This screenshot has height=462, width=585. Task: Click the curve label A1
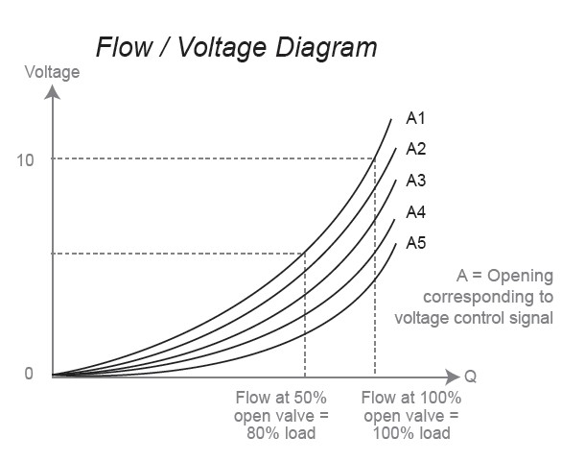point(415,118)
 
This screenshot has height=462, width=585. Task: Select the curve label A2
point(415,149)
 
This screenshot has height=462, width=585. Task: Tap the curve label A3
point(415,181)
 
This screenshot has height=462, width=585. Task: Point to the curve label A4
point(415,212)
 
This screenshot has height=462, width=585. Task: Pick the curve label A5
point(415,243)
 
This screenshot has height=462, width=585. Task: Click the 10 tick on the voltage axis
point(25,160)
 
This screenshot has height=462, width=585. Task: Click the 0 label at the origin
point(29,374)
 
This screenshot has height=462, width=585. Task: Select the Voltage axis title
point(52,72)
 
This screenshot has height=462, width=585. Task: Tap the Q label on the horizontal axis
point(471,377)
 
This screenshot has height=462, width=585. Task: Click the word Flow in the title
point(124,47)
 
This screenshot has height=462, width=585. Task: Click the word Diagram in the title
point(326,48)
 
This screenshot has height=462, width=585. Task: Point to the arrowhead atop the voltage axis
point(52,92)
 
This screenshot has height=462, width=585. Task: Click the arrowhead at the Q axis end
point(453,376)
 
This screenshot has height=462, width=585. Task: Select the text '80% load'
point(281,433)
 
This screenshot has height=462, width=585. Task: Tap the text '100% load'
point(411,433)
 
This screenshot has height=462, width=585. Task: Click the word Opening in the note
point(520,276)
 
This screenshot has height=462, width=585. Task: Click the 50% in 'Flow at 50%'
point(311,398)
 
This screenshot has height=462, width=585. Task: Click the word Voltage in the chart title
point(222,48)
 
